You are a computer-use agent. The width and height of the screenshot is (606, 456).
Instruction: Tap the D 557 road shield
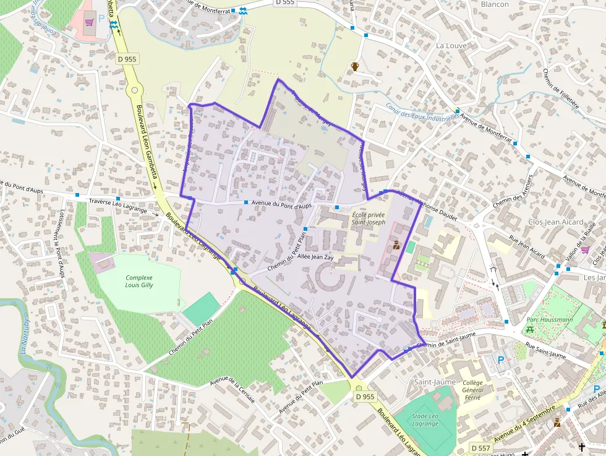pos(481,447)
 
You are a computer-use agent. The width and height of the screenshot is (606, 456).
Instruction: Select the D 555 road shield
pos(285,2)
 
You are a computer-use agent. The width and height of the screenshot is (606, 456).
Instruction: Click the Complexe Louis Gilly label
pos(139,282)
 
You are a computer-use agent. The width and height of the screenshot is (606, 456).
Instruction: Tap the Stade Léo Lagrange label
pos(425,420)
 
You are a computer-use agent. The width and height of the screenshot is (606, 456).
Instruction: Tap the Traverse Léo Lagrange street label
pos(118,205)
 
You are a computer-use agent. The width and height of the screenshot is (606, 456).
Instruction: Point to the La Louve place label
pos(451,46)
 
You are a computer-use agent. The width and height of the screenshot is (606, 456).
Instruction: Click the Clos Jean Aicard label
pos(555,222)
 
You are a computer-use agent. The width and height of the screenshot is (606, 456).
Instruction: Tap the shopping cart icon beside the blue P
pos(90,22)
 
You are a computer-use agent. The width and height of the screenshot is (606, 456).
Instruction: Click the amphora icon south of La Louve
pos(355,66)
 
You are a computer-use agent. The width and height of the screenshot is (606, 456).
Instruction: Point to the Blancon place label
pos(495,4)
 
